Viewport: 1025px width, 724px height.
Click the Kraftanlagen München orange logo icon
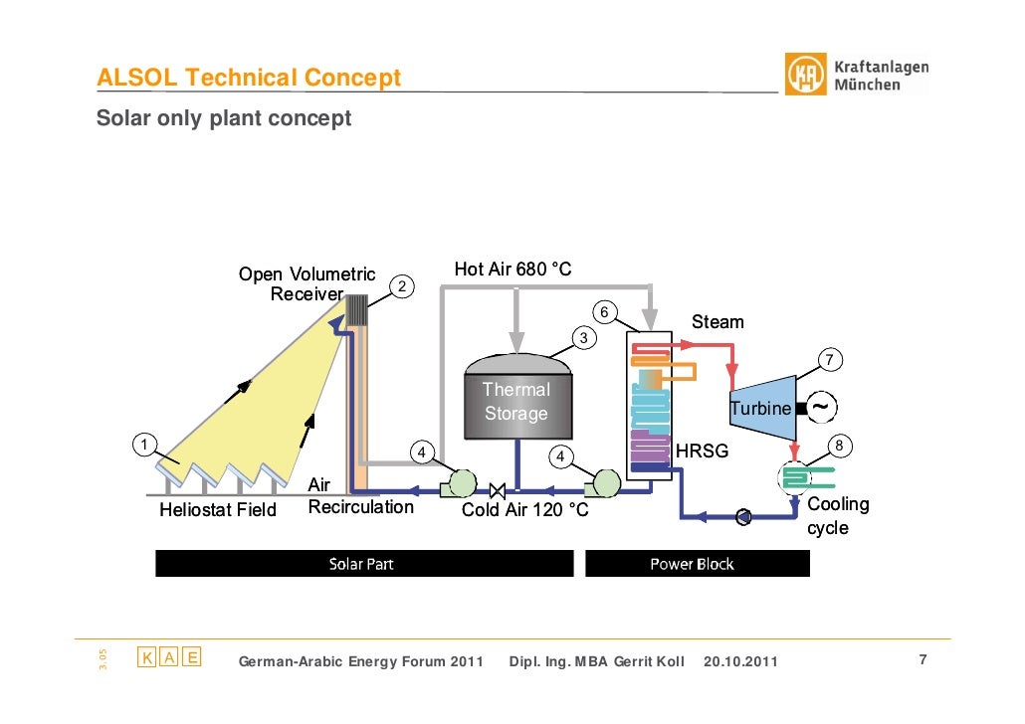[806, 75]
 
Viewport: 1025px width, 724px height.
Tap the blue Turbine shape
[763, 407]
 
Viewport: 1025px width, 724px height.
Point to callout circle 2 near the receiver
[400, 286]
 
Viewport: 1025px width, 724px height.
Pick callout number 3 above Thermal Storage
[584, 338]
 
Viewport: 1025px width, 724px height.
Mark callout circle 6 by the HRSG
[601, 312]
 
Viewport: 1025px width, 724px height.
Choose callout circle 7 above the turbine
[828, 359]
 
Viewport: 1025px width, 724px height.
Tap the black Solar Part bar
[363, 564]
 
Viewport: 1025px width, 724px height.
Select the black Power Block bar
[697, 564]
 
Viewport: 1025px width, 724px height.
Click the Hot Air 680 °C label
[512, 270]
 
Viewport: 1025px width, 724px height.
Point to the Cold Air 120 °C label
[525, 510]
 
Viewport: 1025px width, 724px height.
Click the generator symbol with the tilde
[821, 407]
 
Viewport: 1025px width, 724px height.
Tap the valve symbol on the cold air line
[499, 489]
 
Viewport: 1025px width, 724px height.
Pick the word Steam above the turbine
[717, 321]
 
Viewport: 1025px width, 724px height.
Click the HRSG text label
[703, 452]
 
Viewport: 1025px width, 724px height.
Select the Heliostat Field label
[218, 510]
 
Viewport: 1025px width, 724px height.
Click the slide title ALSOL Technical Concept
[249, 78]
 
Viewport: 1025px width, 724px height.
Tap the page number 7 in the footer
[922, 660]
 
